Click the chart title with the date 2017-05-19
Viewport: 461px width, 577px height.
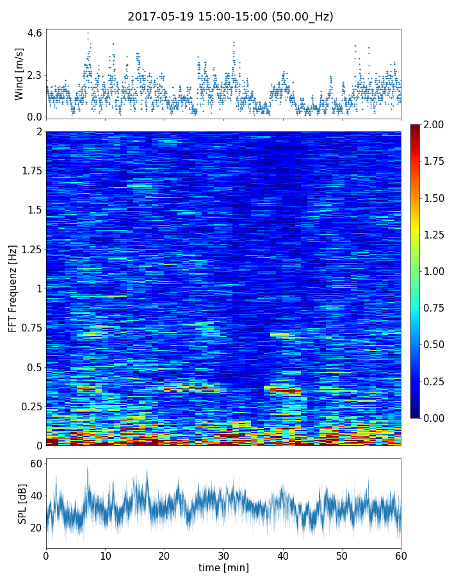[230, 17]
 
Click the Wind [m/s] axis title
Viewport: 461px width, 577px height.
[19, 74]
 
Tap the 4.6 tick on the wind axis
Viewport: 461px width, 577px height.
[35, 33]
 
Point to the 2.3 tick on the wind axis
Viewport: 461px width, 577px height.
[35, 75]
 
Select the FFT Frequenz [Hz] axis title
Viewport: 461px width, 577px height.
[13, 288]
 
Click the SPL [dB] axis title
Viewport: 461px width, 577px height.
[22, 503]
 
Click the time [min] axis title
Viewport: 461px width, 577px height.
[223, 567]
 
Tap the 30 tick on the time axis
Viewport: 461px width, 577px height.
[223, 555]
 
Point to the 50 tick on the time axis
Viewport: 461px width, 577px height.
[342, 555]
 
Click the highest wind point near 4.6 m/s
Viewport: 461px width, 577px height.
[88, 33]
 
